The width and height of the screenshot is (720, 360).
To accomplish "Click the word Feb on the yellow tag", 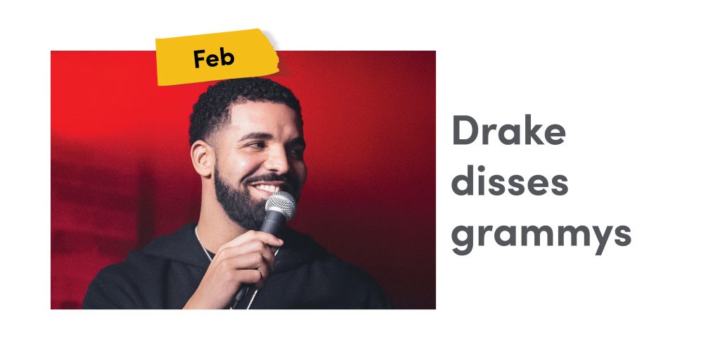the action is click(214, 58).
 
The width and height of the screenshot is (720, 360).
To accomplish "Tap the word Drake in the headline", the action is click(509, 130).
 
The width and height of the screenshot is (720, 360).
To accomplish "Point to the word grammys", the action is click(541, 236).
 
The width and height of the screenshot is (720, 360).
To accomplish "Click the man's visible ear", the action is click(202, 158).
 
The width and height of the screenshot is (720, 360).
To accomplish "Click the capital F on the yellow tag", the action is click(198, 59).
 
